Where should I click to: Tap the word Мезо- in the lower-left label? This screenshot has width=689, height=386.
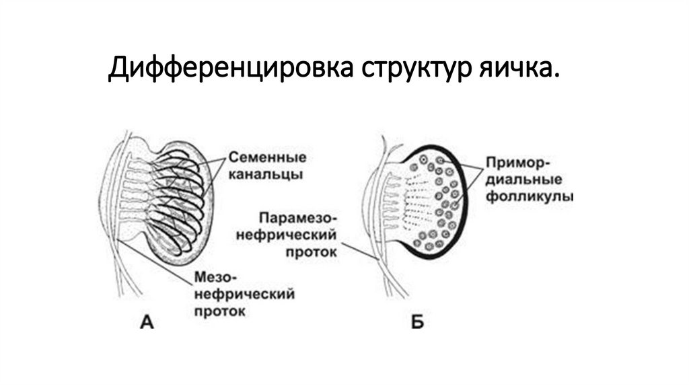217,278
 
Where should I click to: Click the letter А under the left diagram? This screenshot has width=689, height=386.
147,323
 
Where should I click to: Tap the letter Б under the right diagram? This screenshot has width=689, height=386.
416,323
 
